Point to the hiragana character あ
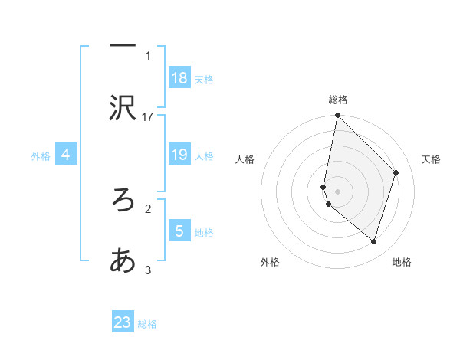pos(123,261)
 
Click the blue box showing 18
pos(179,78)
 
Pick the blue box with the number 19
pos(179,155)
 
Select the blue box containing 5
pos(179,231)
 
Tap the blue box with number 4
pos(66,155)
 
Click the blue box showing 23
pos(123,322)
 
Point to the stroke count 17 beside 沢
pos(148,116)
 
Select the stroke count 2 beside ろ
pos(148,208)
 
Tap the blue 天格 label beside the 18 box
pos(204,79)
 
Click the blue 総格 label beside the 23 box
pos(147,324)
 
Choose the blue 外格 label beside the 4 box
pos(41,156)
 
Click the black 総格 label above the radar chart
pos(338,100)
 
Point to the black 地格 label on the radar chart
pos(402,262)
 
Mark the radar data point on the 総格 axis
pos(338,116)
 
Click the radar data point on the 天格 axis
pos(396,172)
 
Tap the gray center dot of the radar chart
pos(338,191)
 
